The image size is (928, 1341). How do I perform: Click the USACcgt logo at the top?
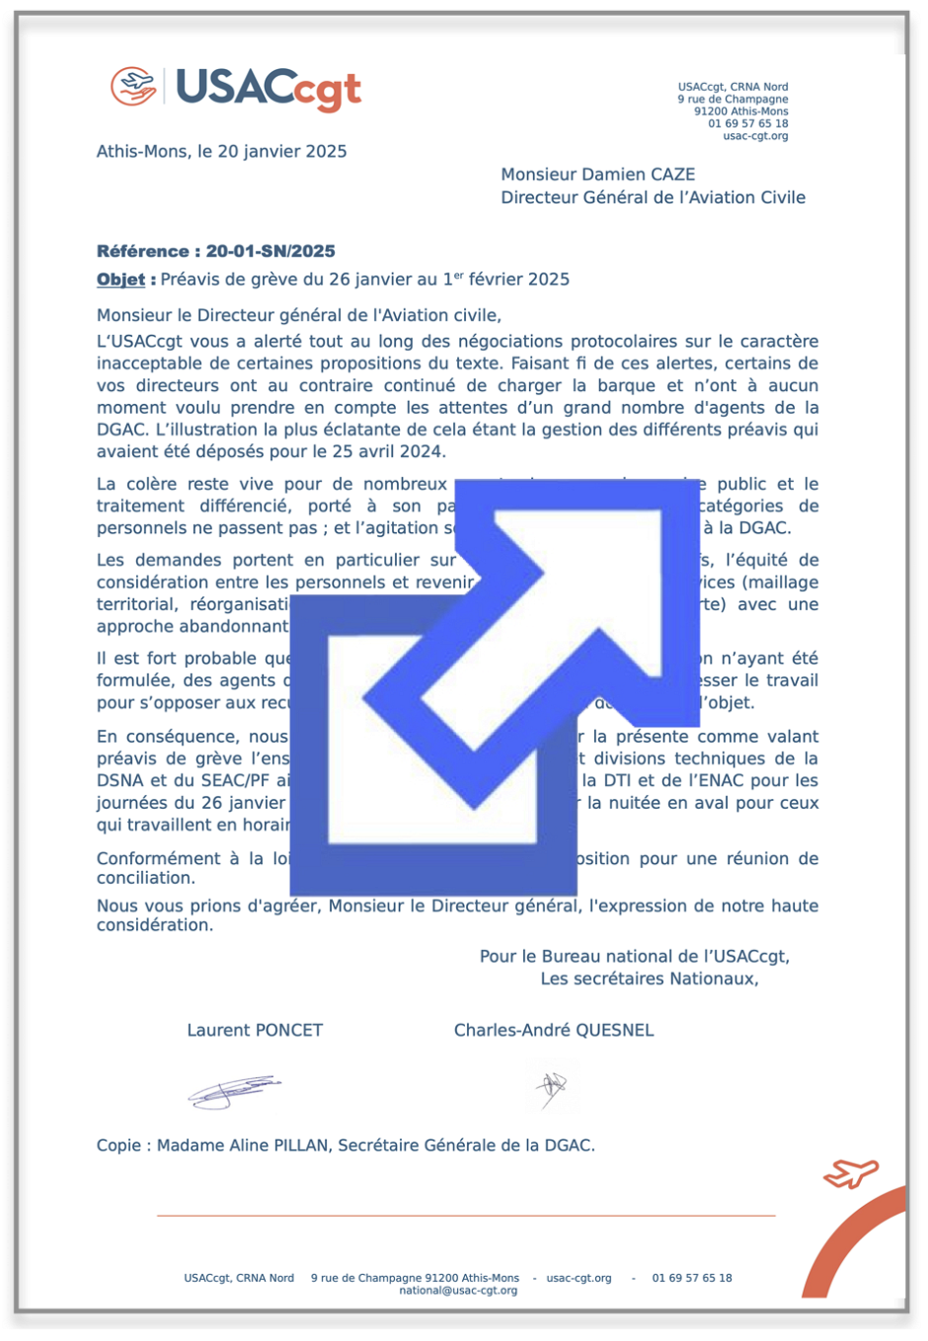tap(237, 88)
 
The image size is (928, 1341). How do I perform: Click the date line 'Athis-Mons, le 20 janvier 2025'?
tap(221, 151)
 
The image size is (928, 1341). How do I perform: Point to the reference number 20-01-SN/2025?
tap(271, 251)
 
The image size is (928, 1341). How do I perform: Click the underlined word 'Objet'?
tap(120, 279)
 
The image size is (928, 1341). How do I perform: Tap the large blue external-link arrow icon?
tap(494, 681)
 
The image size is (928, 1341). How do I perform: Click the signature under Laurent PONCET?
tap(234, 1090)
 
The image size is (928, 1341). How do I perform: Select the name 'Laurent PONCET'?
tap(255, 1030)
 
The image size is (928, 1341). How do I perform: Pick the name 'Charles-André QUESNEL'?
tap(554, 1030)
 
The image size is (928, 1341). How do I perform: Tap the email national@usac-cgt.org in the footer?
tap(458, 1291)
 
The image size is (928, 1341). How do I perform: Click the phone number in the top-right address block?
tap(747, 123)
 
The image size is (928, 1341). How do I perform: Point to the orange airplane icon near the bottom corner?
tap(850, 1174)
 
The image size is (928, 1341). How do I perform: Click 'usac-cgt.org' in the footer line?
tap(579, 1278)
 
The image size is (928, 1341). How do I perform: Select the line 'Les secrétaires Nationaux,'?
tap(650, 979)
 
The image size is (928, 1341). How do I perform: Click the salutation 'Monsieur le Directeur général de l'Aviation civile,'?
tap(299, 315)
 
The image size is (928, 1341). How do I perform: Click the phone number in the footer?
tap(692, 1278)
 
